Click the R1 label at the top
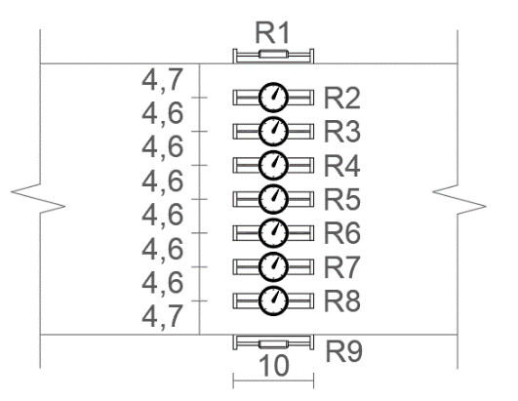click(x=272, y=33)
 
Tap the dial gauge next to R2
click(x=273, y=98)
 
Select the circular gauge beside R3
click(x=273, y=131)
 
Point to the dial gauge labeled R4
click(x=273, y=165)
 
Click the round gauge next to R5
click(x=273, y=199)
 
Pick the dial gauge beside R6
click(x=273, y=233)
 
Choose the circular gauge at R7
click(x=273, y=267)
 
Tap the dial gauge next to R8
click(x=273, y=301)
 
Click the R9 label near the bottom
click(x=344, y=351)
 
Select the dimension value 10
click(x=274, y=366)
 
